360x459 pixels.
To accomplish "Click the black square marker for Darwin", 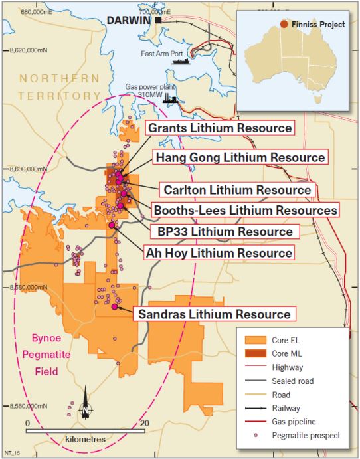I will [x=158, y=21].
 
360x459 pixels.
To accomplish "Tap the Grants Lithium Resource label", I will [x=219, y=128].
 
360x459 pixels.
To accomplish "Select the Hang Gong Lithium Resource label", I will [x=240, y=157].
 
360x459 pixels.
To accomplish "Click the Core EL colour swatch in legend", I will [x=254, y=339].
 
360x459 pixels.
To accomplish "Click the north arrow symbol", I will [x=85, y=409].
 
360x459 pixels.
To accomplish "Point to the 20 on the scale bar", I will [x=144, y=422].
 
